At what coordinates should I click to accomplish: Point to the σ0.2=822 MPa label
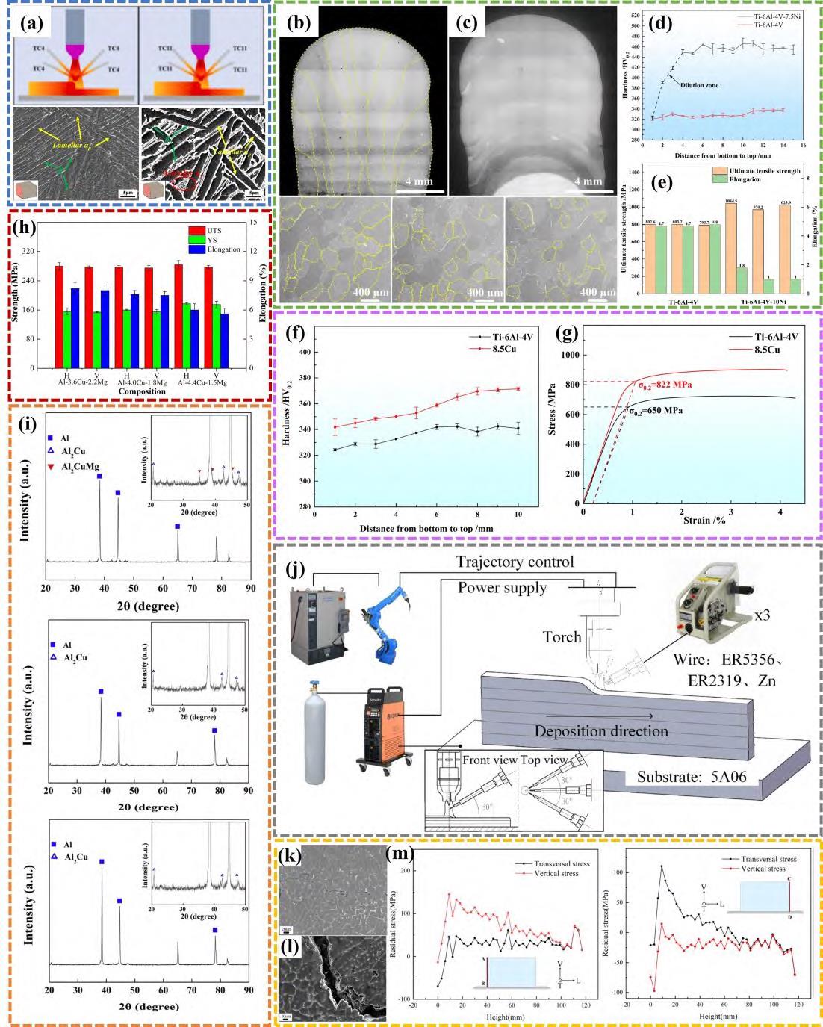click(x=669, y=384)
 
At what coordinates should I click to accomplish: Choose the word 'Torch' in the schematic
click(x=562, y=636)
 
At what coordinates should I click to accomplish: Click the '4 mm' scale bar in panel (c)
click(x=588, y=181)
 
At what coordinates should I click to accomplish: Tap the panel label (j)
click(x=295, y=569)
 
